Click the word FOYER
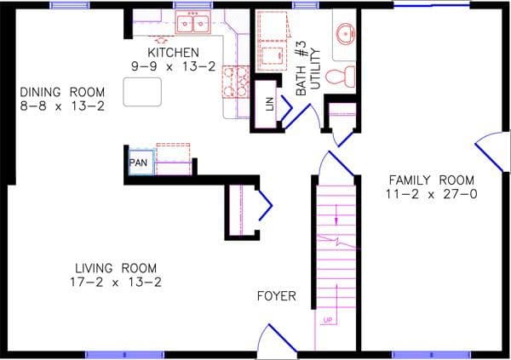tap(277, 296)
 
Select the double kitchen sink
tap(193, 25)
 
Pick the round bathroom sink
tap(344, 35)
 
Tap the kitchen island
tap(142, 91)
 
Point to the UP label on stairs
tap(327, 321)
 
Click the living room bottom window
tap(124, 353)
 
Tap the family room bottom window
tap(431, 353)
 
